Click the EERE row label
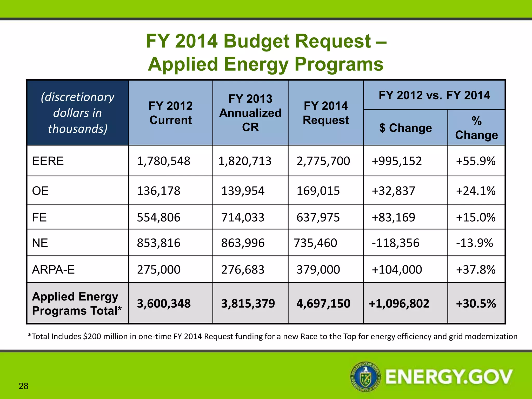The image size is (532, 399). [48, 161]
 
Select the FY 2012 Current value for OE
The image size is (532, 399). [158, 191]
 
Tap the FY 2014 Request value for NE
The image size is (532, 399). [315, 243]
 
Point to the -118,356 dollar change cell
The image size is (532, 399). [395, 243]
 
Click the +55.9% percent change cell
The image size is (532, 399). [476, 161]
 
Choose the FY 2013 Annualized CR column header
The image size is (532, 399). [250, 113]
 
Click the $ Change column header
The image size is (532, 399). [405, 128]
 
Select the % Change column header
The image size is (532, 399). [476, 128]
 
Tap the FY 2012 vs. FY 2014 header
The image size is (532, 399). [434, 95]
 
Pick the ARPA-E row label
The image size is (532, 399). [53, 270]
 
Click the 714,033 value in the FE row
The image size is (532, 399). [243, 217]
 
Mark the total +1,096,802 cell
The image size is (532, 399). [399, 303]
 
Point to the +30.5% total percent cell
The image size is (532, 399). [476, 303]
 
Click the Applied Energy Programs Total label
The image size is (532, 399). [77, 303]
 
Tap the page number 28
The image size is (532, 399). [23, 386]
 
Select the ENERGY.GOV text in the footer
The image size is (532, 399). [449, 377]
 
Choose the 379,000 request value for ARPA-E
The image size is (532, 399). [318, 270]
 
